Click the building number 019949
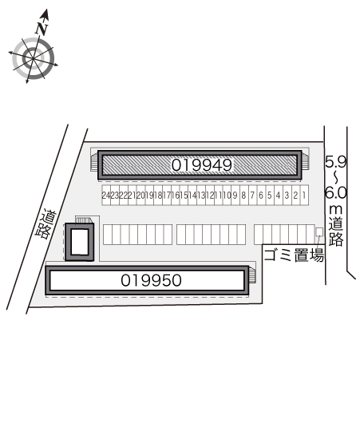click(x=202, y=165)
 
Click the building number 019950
click(x=151, y=280)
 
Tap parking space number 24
click(x=106, y=195)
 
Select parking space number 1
click(x=304, y=195)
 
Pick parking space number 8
click(x=243, y=195)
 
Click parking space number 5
click(x=270, y=195)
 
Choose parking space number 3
click(x=287, y=195)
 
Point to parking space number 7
click(x=252, y=195)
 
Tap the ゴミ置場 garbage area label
click(x=294, y=255)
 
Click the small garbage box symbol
click(x=319, y=232)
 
